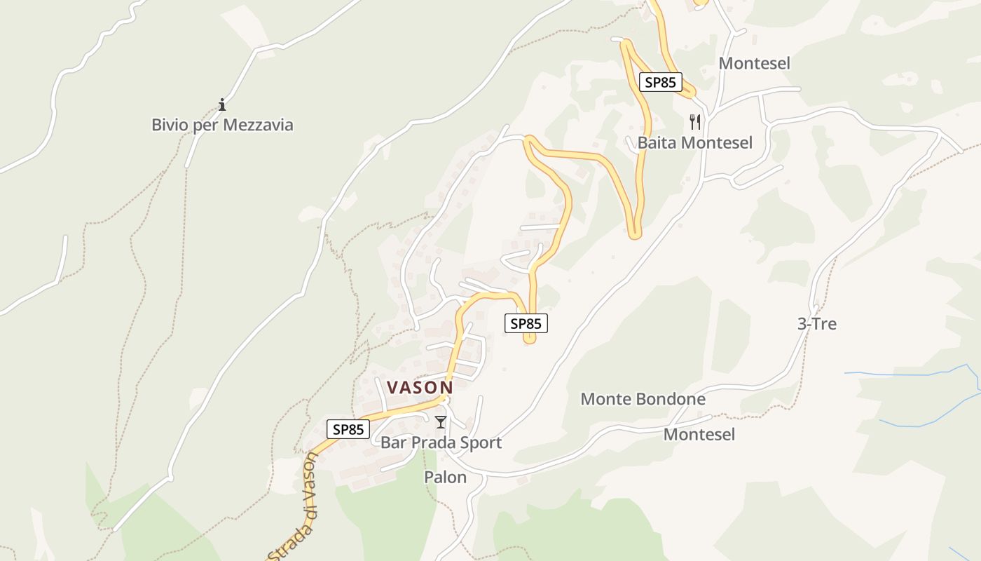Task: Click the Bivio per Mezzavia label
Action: [222, 126]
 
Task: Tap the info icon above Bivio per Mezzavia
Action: [222, 105]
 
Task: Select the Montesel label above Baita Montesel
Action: [754, 63]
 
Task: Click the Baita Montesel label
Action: [694, 143]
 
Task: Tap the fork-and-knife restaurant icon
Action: [694, 122]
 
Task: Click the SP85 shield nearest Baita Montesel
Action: [660, 82]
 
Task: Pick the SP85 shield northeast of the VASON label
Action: [526, 323]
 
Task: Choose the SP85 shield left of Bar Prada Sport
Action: [348, 429]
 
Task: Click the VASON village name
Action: [420, 387]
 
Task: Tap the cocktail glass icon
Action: [440, 422]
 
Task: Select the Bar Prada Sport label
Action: [441, 442]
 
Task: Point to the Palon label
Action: [445, 478]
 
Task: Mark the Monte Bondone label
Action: [643, 400]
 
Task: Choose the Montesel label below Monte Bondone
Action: [699, 435]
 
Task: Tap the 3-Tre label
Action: [817, 324]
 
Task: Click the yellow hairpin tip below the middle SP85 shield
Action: [530, 340]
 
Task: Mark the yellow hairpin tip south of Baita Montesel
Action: [635, 234]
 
